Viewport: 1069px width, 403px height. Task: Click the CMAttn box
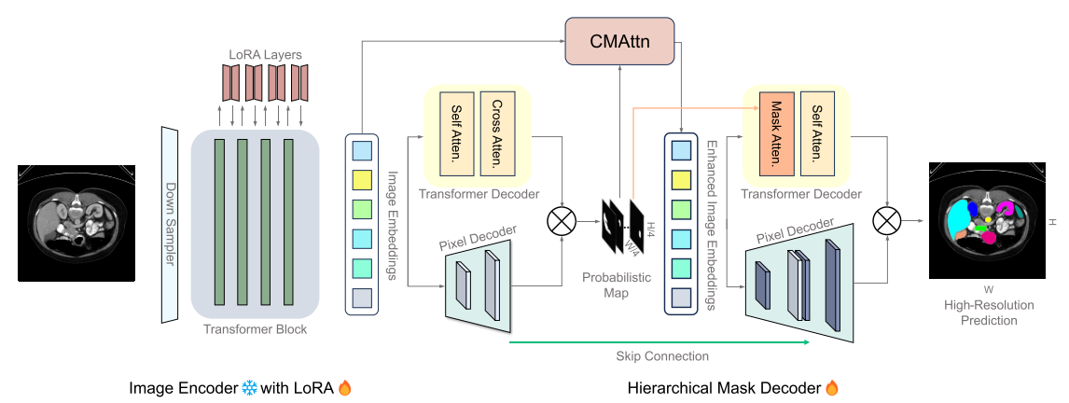620,41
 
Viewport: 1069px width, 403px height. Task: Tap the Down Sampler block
169,224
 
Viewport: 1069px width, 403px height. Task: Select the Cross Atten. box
496,134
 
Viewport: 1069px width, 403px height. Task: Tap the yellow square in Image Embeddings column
362,176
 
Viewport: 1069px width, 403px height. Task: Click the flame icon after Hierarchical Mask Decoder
834,387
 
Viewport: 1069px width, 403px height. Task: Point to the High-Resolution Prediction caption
989,313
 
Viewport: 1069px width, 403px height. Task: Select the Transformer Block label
256,329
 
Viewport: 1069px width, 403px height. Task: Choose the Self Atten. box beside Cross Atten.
457,134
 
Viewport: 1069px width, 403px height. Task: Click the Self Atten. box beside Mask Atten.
816,134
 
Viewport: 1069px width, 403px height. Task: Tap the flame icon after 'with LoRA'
342,387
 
